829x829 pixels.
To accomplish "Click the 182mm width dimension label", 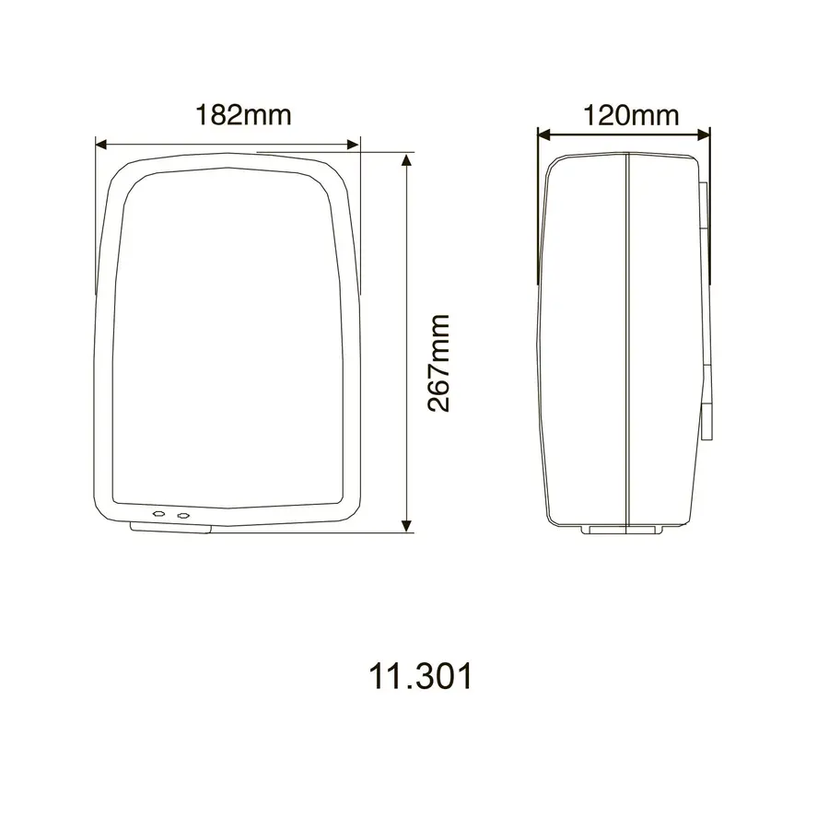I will tap(242, 115).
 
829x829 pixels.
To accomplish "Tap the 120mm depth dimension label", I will tap(631, 115).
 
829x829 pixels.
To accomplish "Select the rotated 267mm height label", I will tap(439, 363).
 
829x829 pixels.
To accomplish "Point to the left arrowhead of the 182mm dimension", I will tap(102, 144).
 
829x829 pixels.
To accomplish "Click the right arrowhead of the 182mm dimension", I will tap(353, 144).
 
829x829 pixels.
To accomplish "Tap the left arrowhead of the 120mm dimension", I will tap(543, 134).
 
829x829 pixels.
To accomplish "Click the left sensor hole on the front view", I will tap(158, 514).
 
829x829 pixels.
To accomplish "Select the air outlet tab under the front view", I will tap(172, 528).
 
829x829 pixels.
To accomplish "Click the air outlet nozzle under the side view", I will tap(625, 530).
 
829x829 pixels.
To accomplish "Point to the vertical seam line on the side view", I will tap(627, 341).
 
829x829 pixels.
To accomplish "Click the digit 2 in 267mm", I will tap(439, 402).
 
